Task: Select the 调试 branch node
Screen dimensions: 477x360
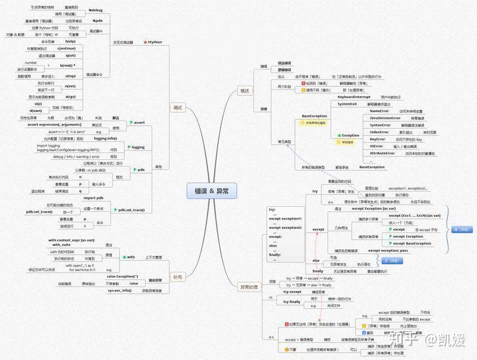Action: point(177,107)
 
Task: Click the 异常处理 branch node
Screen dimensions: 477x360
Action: point(244,286)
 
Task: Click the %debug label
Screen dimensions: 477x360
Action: point(97,11)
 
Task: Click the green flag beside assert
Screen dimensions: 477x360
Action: point(131,123)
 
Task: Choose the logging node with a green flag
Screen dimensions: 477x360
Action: point(136,147)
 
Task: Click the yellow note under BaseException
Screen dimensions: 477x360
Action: point(314,123)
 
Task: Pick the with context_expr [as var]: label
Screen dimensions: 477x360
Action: point(71,239)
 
